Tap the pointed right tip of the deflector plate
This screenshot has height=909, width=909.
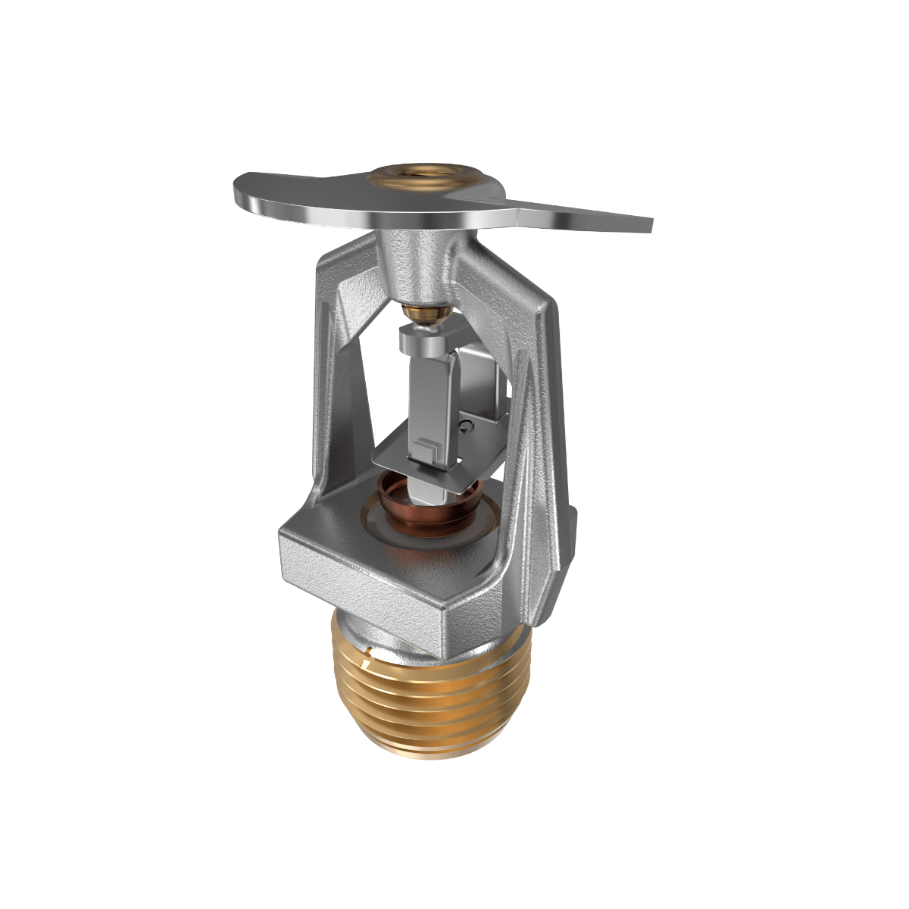tap(648, 224)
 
